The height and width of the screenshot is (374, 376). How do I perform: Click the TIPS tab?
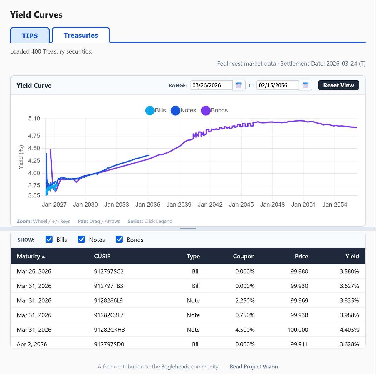coord(30,36)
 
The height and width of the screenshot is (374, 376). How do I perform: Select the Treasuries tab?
coord(81,35)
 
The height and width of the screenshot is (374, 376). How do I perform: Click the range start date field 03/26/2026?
coord(211,85)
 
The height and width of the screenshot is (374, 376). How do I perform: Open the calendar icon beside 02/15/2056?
coord(305,85)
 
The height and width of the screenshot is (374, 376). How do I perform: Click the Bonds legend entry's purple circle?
coord(206,111)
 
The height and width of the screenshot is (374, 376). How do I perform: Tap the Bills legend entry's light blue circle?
coord(150,111)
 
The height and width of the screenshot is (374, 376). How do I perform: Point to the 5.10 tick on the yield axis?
coord(34,119)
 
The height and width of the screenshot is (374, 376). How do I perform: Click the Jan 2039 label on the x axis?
coord(179,205)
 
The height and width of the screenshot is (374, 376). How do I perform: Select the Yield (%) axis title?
coord(21,157)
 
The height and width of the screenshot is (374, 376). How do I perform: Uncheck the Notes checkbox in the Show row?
coord(81,240)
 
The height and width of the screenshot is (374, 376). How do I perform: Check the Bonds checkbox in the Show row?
coord(119,240)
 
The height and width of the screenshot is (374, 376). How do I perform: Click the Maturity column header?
coord(31,256)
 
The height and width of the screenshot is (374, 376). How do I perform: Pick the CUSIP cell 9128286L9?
coord(108,300)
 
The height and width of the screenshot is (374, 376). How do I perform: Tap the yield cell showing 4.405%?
coord(349,330)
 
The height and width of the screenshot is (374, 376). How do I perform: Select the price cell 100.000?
coord(298,330)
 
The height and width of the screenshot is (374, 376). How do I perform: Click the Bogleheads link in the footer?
coord(175,367)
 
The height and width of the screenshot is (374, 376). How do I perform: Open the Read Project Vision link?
coord(254,367)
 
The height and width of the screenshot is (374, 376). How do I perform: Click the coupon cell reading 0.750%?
coord(245,315)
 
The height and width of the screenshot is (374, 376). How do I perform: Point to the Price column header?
coord(301,256)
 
